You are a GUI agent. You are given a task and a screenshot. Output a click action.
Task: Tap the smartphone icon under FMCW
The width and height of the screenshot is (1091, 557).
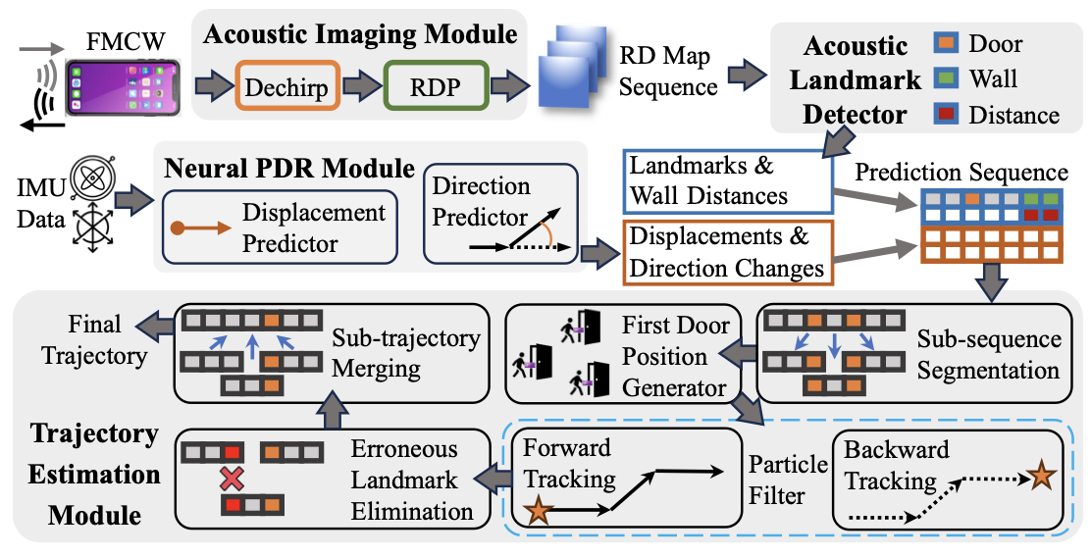[x=124, y=87]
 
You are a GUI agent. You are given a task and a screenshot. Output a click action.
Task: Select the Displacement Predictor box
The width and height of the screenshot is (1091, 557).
[x=282, y=228]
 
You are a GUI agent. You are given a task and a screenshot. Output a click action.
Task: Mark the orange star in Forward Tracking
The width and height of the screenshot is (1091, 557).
[x=537, y=511]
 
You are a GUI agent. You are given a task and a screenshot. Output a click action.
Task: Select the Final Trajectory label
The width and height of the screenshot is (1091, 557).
[x=95, y=339]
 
